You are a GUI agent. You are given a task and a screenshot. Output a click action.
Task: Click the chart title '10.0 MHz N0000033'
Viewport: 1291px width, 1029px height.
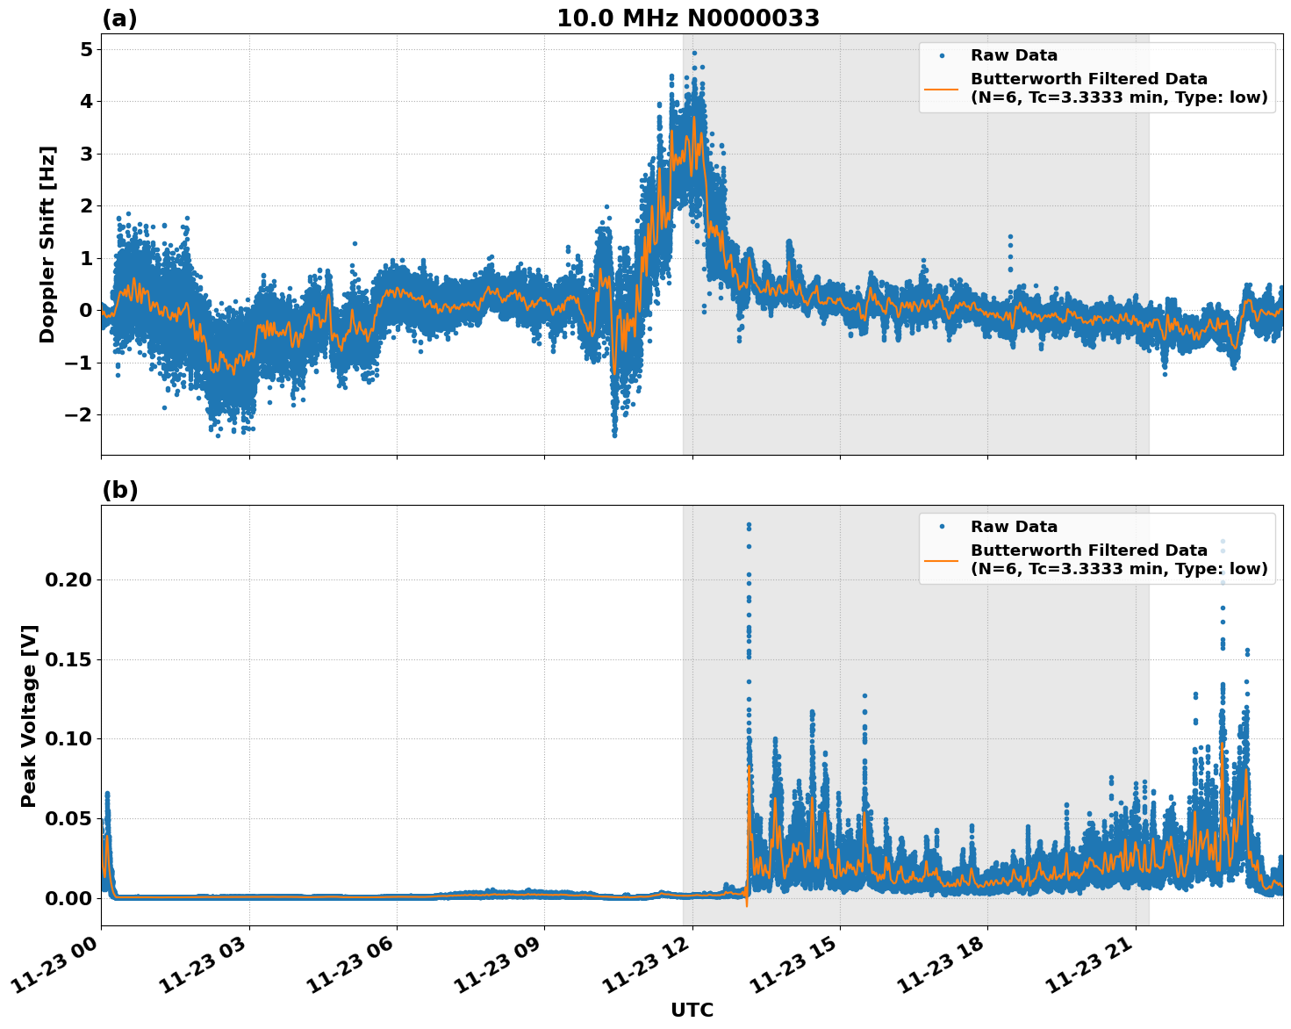pyautogui.click(x=687, y=18)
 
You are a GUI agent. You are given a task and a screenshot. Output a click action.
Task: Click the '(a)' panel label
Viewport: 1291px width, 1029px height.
pyautogui.click(x=119, y=18)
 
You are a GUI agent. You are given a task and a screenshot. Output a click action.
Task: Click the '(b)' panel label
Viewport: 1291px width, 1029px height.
pyautogui.click(x=119, y=490)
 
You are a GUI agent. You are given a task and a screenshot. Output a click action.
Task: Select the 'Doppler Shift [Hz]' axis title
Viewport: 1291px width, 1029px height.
pyautogui.click(x=47, y=244)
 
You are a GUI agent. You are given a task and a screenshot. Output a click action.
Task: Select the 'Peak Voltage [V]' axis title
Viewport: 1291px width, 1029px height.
pyautogui.click(x=29, y=716)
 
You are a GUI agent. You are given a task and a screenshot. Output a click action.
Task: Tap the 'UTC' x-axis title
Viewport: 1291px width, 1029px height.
pyautogui.click(x=692, y=1010)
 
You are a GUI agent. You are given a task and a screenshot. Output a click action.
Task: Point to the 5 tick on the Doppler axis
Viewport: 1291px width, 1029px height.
pyautogui.click(x=86, y=49)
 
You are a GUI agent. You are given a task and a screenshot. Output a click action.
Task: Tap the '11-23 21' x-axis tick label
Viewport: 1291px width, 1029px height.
pyautogui.click(x=1088, y=964)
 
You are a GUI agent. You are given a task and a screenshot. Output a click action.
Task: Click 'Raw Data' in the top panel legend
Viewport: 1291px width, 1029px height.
pyautogui.click(x=1014, y=55)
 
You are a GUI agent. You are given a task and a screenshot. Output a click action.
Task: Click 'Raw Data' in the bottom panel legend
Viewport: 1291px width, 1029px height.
pyautogui.click(x=1014, y=527)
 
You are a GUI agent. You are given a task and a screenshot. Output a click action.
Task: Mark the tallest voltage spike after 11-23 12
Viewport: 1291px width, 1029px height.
pyautogui.click(x=749, y=525)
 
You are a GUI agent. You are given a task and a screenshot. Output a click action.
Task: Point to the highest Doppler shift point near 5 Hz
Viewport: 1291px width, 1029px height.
pyautogui.click(x=694, y=53)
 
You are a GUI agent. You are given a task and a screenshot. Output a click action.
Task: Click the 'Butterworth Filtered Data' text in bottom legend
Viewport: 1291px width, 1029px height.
pyautogui.click(x=1088, y=550)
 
